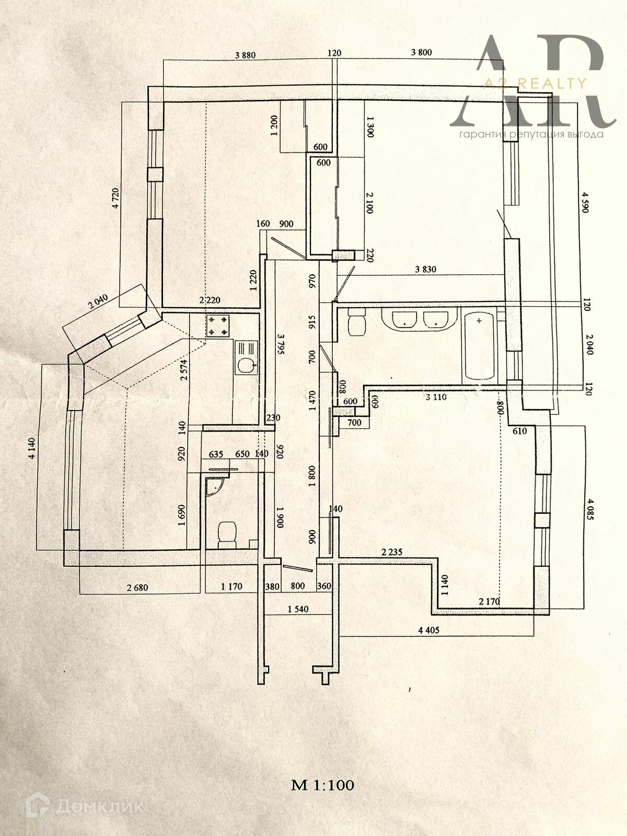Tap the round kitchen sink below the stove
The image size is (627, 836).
245,365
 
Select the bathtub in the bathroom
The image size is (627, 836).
479,346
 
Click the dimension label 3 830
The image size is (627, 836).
425,270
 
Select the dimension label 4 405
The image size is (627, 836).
429,630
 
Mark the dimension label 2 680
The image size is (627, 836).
137,587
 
